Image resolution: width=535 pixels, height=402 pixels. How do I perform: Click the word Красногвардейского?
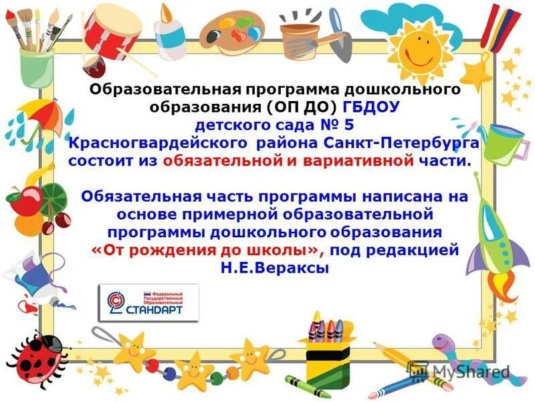(158, 143)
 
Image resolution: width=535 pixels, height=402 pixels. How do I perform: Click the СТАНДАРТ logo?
(141, 302)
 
